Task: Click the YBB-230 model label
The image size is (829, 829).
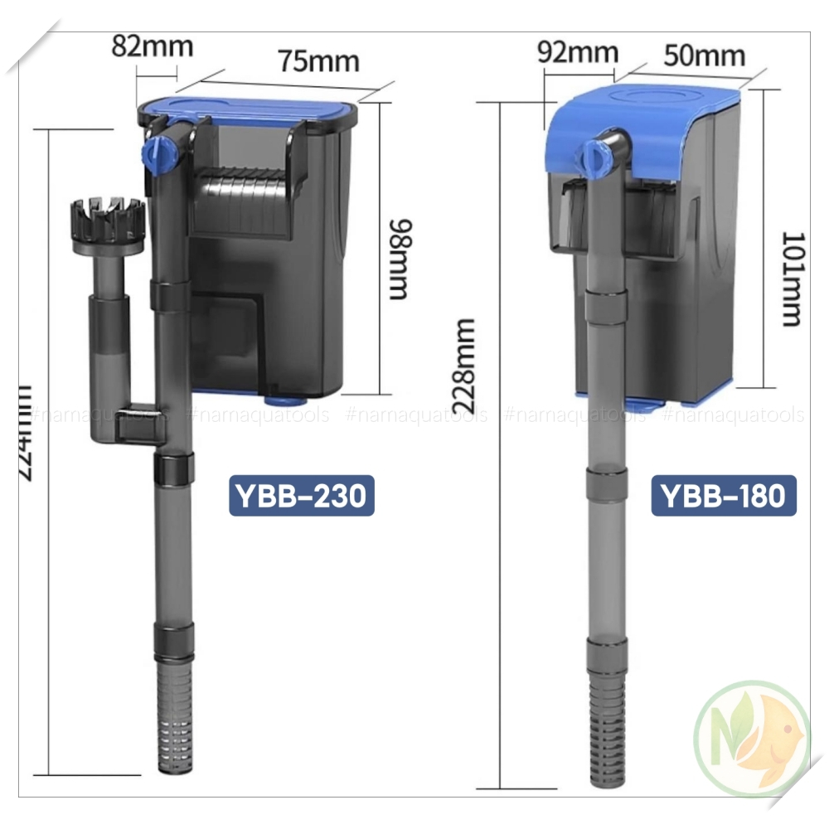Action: pyautogui.click(x=301, y=495)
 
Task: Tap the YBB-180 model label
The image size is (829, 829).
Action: pyautogui.click(x=723, y=495)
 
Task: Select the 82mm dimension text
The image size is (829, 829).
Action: pyautogui.click(x=152, y=45)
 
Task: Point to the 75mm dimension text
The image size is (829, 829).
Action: pyautogui.click(x=318, y=61)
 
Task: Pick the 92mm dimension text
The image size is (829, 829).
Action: pyautogui.click(x=577, y=51)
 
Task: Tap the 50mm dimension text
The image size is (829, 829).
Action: pyautogui.click(x=704, y=56)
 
